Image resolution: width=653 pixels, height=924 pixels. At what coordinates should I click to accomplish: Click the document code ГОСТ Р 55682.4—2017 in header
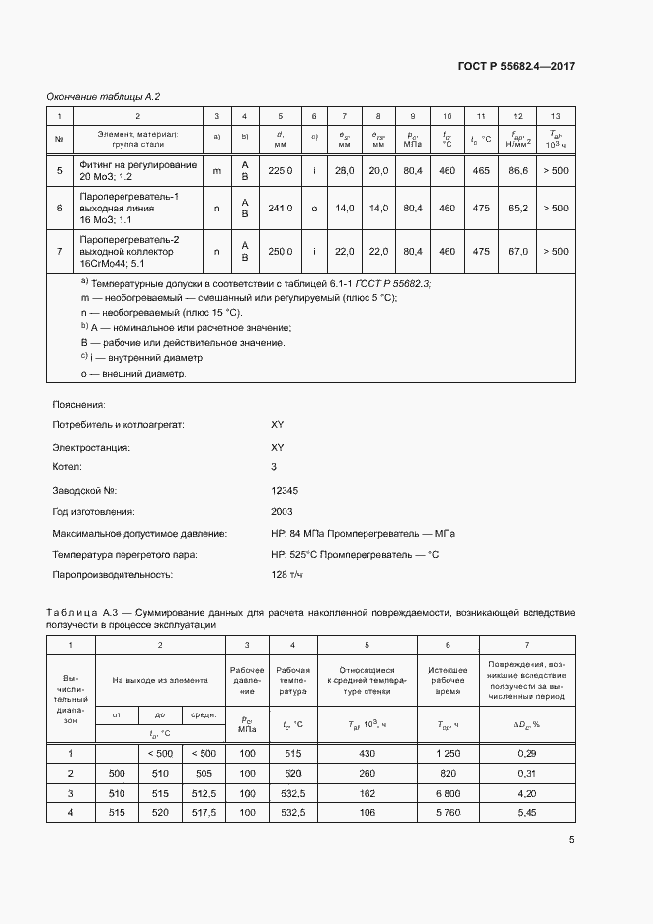[x=517, y=66]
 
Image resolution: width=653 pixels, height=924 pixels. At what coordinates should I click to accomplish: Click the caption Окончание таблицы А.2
[x=104, y=96]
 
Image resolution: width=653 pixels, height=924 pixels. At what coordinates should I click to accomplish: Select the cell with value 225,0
[x=281, y=171]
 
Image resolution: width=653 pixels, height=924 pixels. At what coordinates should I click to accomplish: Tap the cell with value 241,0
[x=281, y=209]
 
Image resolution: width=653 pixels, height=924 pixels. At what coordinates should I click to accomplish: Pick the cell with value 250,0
[x=281, y=251]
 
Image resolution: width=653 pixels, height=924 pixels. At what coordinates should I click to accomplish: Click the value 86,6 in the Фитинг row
[x=518, y=171]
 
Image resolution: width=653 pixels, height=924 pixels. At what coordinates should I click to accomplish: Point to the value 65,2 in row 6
[x=518, y=209]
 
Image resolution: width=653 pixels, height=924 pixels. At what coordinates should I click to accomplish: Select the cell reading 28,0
[x=344, y=171]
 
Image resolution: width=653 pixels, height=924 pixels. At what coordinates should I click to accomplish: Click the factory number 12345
[x=285, y=490]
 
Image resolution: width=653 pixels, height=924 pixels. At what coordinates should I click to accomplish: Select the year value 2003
[x=282, y=512]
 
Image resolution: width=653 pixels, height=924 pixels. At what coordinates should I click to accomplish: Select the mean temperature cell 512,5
[x=203, y=793]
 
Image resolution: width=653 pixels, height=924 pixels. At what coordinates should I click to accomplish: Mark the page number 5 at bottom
[x=572, y=841]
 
